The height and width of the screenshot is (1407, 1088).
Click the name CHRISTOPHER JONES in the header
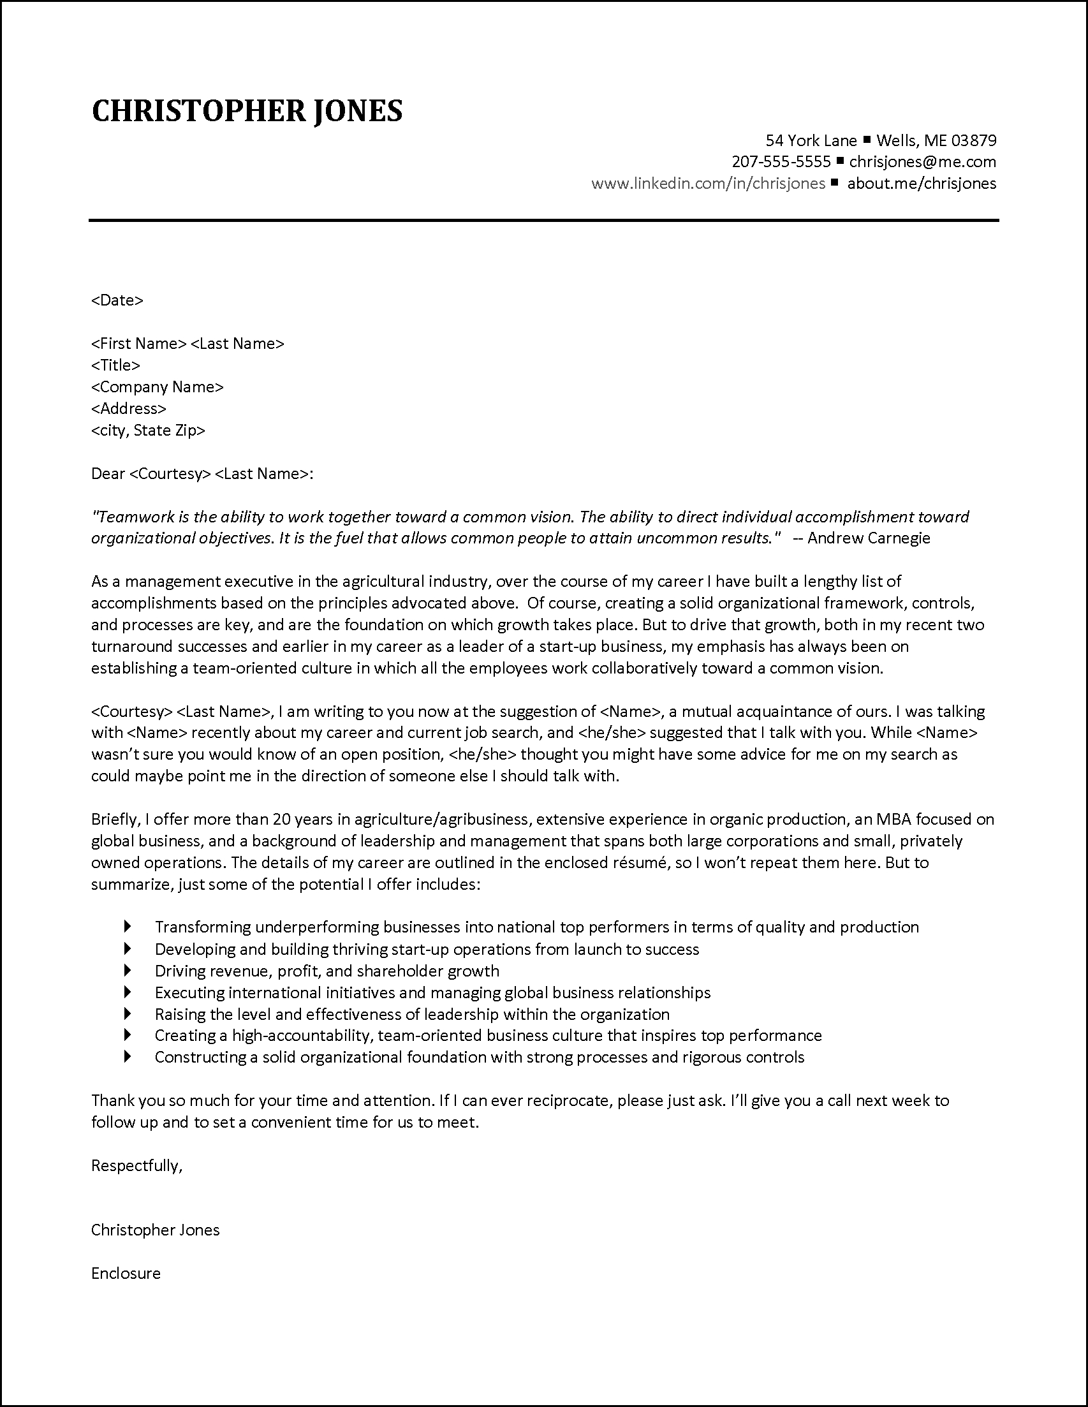(247, 111)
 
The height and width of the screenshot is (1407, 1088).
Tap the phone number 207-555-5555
(781, 161)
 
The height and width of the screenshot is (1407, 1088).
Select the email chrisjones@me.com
(922, 161)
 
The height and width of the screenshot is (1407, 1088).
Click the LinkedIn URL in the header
(708, 183)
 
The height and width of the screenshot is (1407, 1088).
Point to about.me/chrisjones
(921, 183)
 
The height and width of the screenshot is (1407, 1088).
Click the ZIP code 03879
(973, 140)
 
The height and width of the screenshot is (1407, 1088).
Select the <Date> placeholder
(117, 300)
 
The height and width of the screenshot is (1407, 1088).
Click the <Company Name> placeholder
(157, 387)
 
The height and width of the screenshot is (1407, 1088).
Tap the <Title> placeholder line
(115, 365)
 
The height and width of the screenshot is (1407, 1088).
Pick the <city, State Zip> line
(147, 430)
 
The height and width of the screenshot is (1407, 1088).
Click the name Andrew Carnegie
(869, 537)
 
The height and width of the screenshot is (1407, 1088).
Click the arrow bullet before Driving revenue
(128, 970)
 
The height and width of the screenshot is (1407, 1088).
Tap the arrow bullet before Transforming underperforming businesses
(128, 926)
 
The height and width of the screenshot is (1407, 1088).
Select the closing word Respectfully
(136, 1165)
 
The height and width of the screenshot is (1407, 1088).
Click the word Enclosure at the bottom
(126, 1273)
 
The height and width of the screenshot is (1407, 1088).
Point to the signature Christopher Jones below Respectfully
(155, 1230)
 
